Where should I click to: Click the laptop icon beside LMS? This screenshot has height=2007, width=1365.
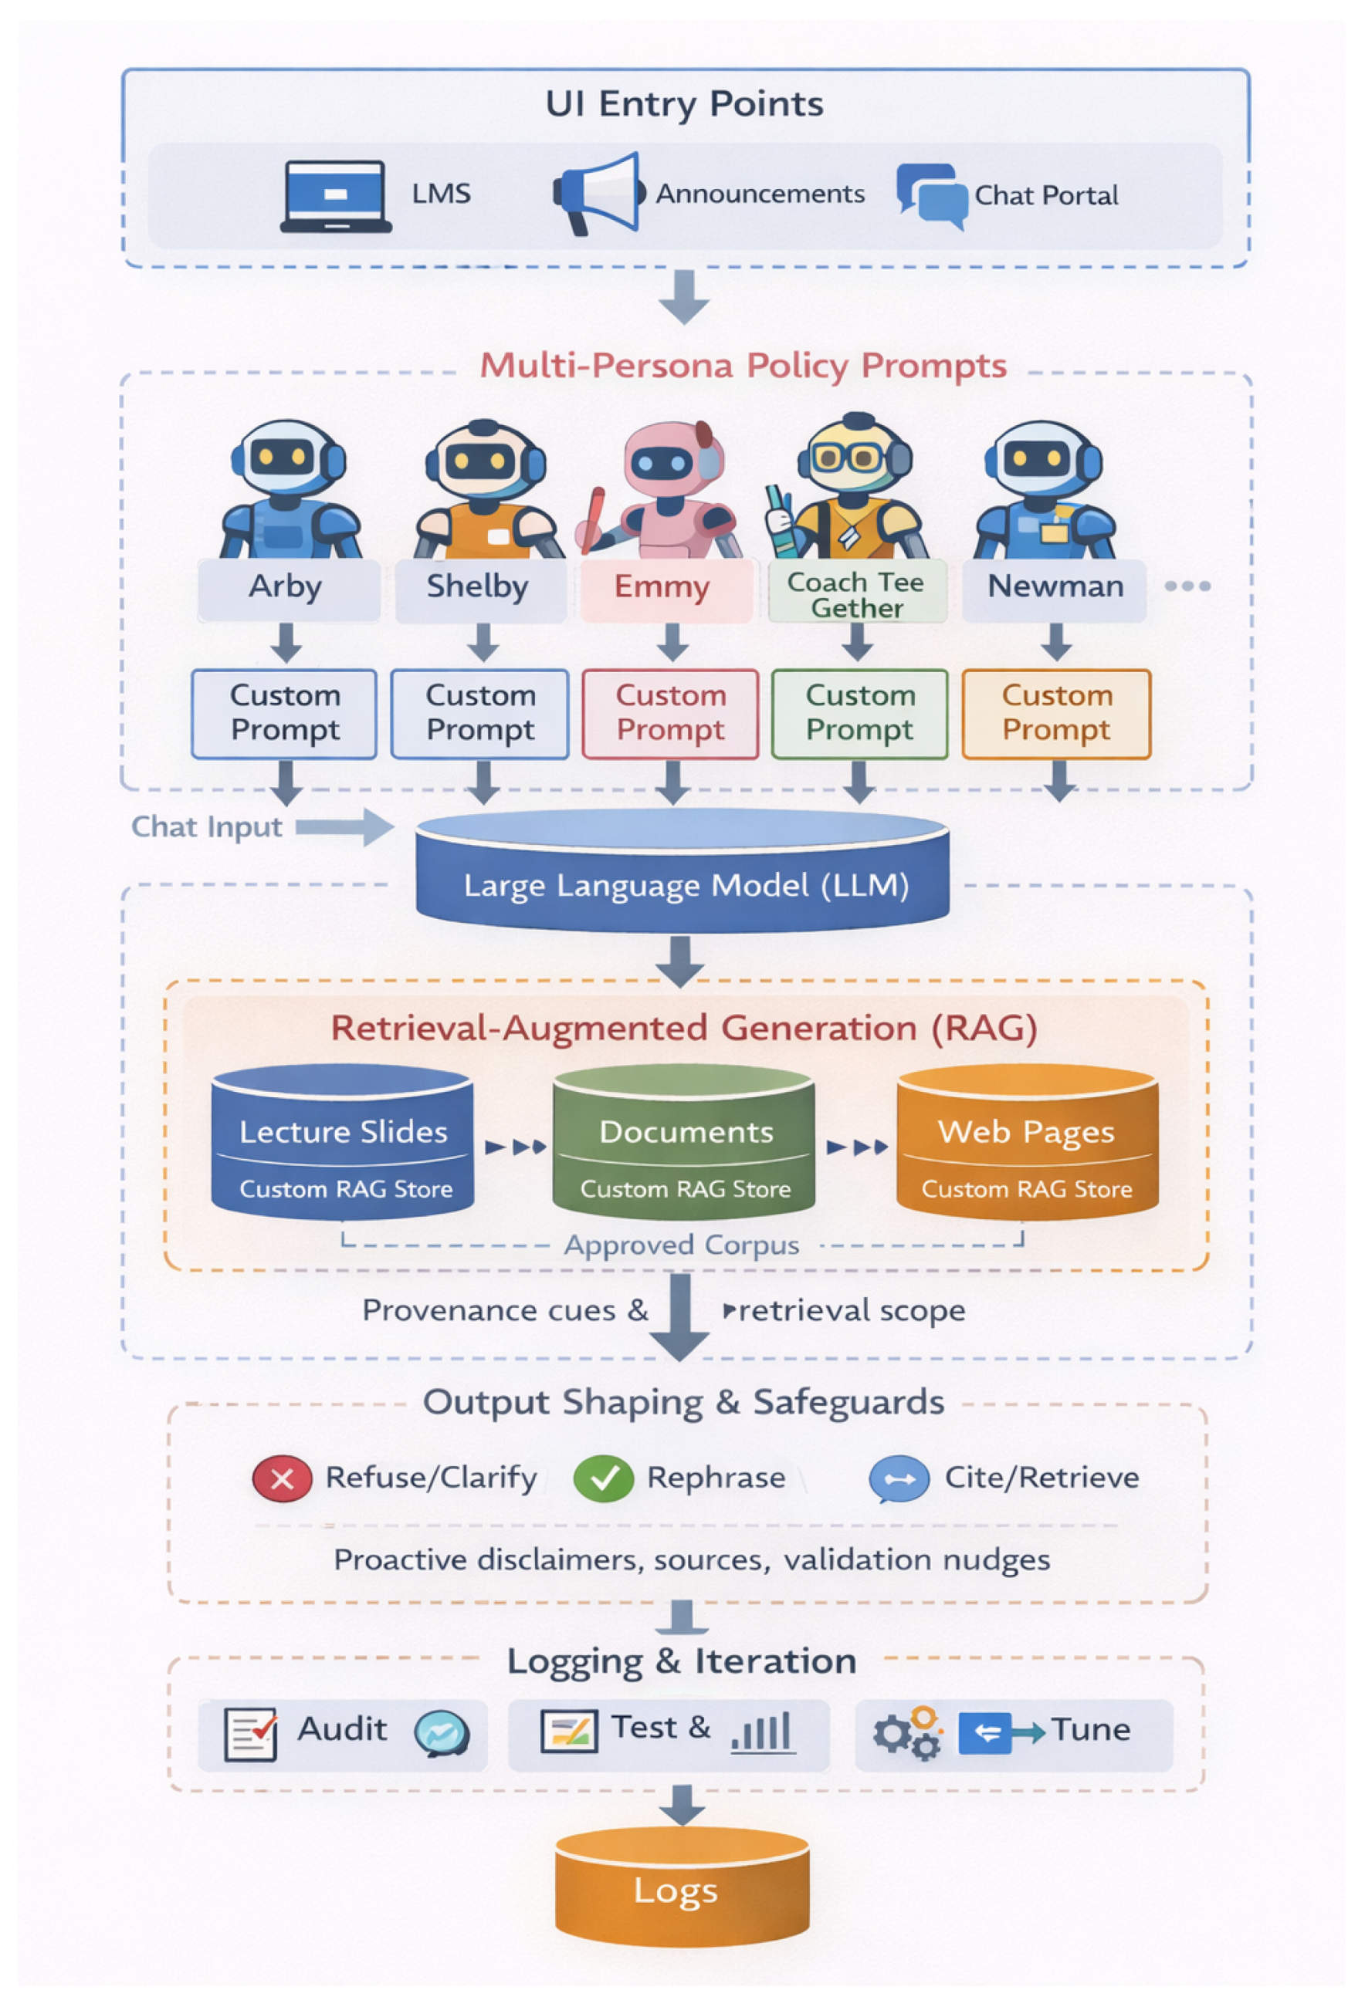tap(335, 196)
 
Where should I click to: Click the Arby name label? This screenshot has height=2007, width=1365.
tap(288, 588)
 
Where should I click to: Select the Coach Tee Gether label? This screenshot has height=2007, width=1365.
tap(857, 595)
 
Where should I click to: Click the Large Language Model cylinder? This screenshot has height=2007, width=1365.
tap(682, 872)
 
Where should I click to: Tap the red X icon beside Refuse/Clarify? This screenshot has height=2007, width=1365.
tap(282, 1479)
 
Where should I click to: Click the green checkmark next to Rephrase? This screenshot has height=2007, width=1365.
tap(604, 1479)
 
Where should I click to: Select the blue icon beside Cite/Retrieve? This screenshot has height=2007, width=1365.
tap(899, 1479)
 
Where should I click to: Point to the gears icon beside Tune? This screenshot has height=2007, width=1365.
tap(907, 1733)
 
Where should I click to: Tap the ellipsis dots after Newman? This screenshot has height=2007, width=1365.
tap(1188, 586)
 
